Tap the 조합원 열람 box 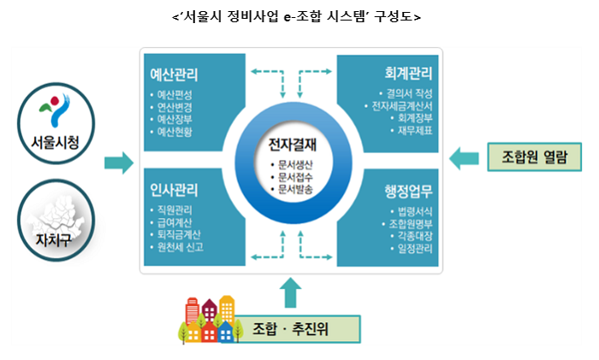coord(536,156)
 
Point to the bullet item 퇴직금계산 coord(180,234)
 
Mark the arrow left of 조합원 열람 coord(466,156)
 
